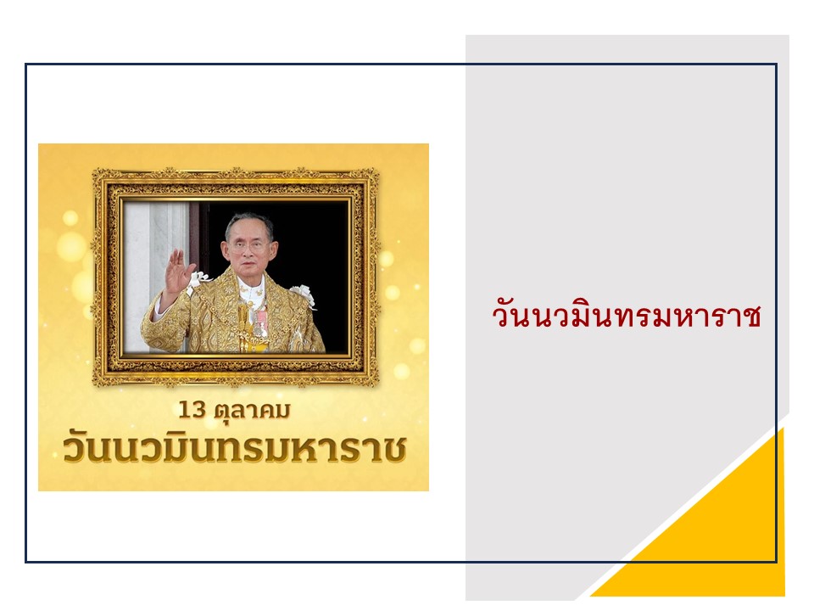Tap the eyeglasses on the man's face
click(247, 244)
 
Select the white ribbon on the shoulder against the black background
click(304, 295)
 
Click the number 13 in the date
click(192, 410)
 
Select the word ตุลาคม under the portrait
click(253, 412)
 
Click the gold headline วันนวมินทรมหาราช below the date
click(234, 448)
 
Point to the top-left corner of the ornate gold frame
click(94, 170)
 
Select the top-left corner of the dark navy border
click(26, 64)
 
